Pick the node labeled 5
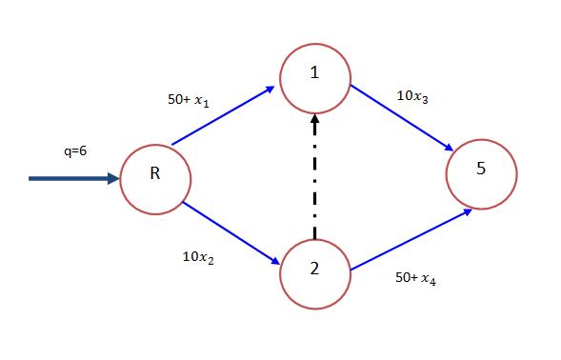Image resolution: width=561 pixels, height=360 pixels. coord(482,172)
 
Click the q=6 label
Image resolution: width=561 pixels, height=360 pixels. coord(72,150)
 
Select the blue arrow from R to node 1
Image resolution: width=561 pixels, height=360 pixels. coord(224,115)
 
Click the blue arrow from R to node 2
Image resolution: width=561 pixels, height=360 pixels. coord(229,230)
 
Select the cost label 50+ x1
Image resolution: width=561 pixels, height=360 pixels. coord(188,98)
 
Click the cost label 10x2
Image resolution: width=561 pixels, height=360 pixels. coord(198,258)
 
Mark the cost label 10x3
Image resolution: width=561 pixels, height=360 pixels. coord(412,96)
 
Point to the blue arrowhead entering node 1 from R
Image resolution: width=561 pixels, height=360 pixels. coord(270,89)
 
